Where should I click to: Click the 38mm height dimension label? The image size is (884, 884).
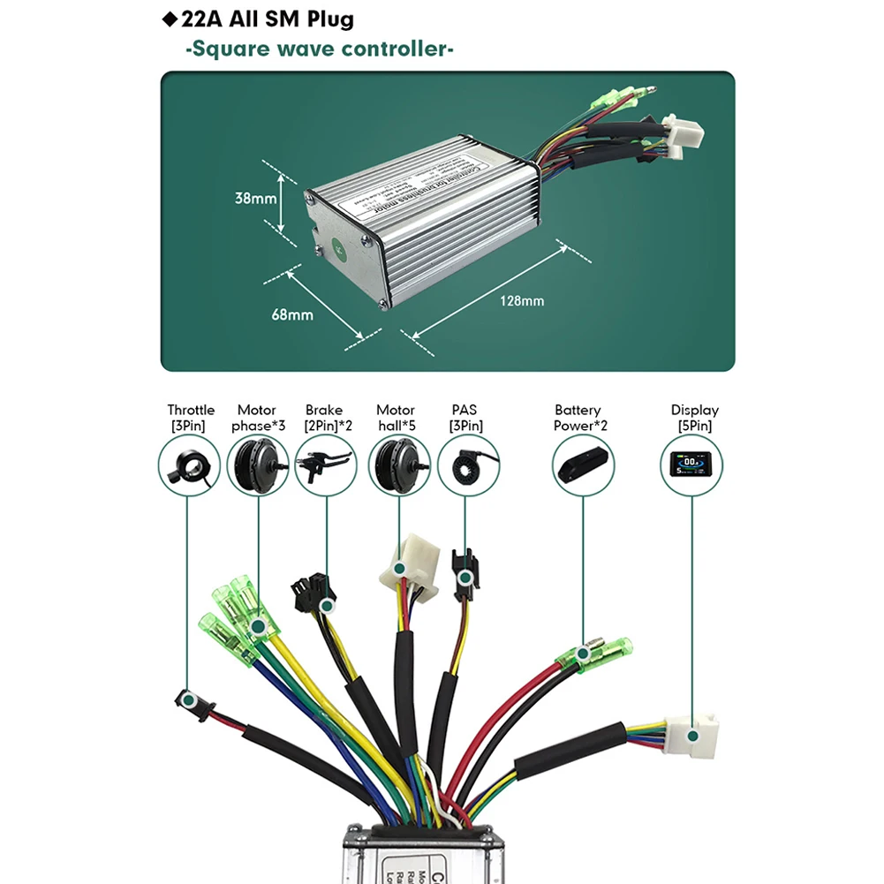point(255,199)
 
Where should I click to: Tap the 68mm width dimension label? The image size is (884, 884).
point(293,314)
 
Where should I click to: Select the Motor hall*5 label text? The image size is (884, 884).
point(396,418)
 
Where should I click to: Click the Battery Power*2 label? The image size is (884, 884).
point(579,418)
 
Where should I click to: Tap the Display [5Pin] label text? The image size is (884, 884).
point(694,418)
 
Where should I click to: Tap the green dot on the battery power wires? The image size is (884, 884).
point(583,654)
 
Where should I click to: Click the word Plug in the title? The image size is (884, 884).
point(322,19)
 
